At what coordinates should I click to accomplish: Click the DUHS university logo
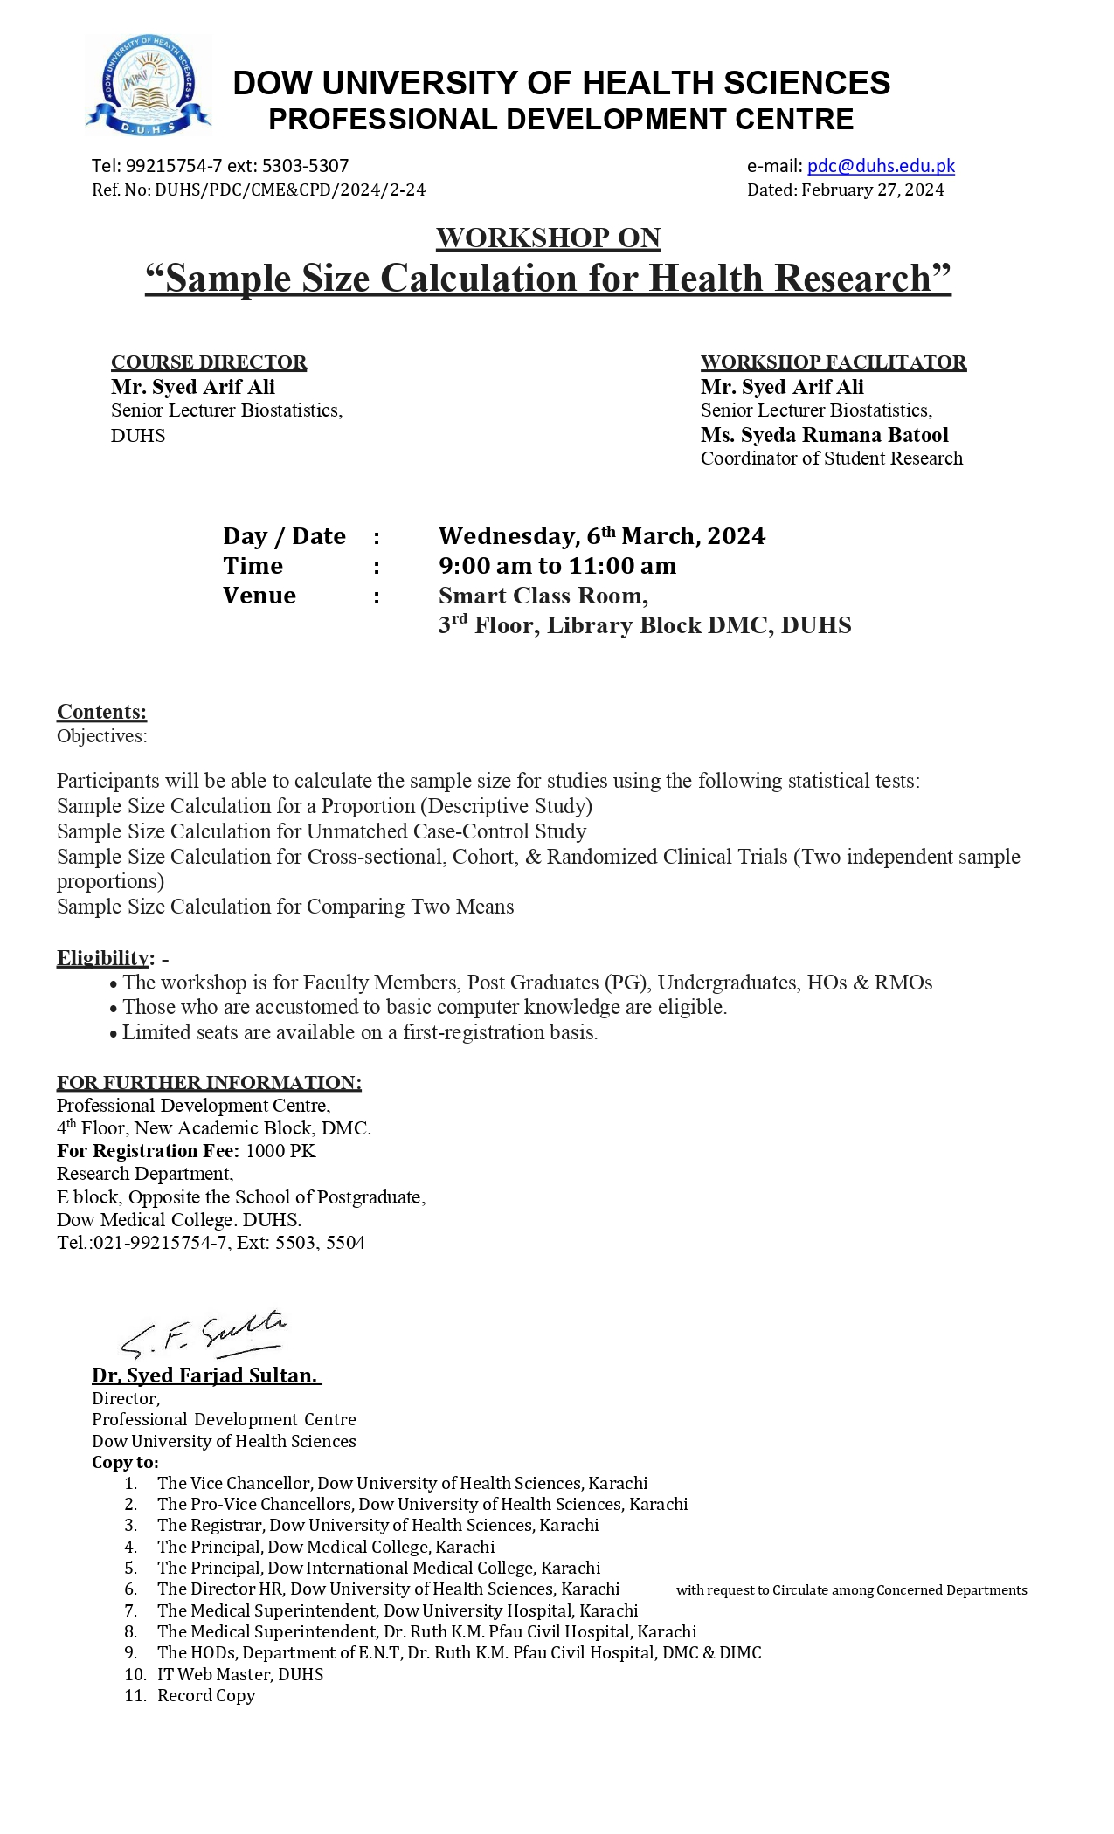point(148,86)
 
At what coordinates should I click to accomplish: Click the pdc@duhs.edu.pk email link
point(880,166)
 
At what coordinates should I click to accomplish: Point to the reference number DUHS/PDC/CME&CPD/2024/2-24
point(290,190)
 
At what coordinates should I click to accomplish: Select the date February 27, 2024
point(872,190)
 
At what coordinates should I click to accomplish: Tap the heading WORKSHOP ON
point(548,238)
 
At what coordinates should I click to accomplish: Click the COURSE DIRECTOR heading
point(208,362)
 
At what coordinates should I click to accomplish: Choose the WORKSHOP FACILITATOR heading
point(833,362)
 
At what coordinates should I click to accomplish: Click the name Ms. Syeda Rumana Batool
point(824,435)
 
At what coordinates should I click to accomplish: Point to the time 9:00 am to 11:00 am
point(557,566)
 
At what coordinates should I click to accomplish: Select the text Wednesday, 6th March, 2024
point(601,536)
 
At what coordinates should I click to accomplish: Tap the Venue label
point(259,596)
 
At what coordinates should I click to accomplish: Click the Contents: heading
point(101,712)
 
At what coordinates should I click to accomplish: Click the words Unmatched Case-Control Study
point(446,831)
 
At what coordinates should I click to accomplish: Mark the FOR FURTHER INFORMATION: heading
point(209,1083)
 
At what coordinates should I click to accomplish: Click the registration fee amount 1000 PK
point(280,1151)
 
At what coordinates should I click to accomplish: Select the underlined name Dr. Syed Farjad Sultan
point(205,1375)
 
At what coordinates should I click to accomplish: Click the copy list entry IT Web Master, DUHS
point(240,1674)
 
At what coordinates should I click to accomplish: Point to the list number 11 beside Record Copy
point(135,1695)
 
